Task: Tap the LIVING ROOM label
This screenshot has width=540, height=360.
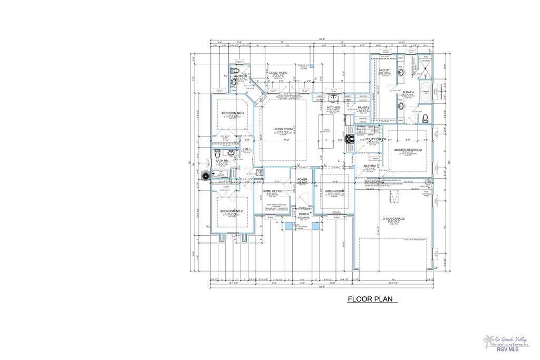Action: (x=283, y=129)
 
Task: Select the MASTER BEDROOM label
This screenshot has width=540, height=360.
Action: (x=408, y=150)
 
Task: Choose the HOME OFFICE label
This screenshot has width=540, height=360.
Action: (x=274, y=191)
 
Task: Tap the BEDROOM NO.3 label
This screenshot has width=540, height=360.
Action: (x=232, y=113)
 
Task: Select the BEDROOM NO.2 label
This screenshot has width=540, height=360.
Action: (x=231, y=211)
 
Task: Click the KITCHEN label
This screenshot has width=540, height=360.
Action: (x=333, y=107)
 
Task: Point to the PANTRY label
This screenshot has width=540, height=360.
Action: (x=363, y=108)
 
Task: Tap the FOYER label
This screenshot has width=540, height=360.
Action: (x=302, y=179)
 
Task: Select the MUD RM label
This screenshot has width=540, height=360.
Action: (x=369, y=166)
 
